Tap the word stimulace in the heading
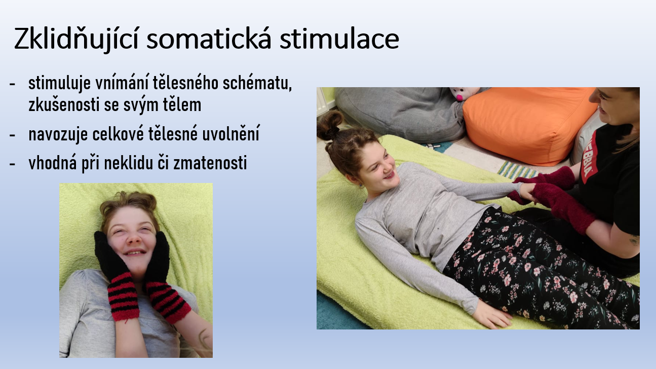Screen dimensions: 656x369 click(x=339, y=39)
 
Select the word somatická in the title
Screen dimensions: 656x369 click(x=209, y=38)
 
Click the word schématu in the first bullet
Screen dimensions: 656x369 click(x=257, y=83)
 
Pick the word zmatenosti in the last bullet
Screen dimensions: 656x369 click(x=210, y=163)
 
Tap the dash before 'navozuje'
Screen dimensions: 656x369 click(x=12, y=135)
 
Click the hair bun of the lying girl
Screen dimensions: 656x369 click(x=330, y=125)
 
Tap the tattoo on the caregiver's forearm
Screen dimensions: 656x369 click(x=634, y=240)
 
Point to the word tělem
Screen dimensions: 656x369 click(x=182, y=105)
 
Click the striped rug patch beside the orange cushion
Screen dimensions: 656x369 click(x=516, y=170)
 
